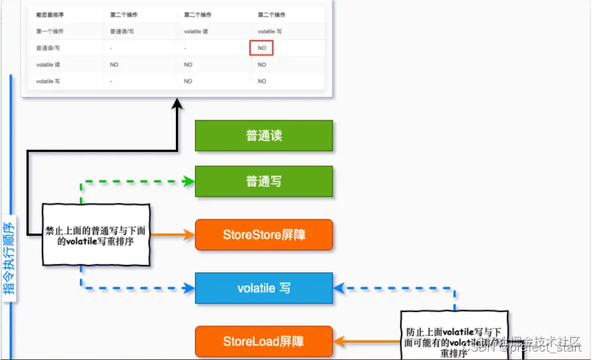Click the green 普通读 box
coord(264,135)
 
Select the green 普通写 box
coord(264,181)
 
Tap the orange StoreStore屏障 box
coord(264,234)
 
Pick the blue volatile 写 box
coord(264,288)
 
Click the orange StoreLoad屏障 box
coord(264,341)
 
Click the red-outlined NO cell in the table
coord(262,48)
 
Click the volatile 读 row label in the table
coord(48,65)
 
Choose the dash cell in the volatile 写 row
coord(113,81)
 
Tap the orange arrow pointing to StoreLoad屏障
coord(366,341)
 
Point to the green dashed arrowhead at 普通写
coord(189,181)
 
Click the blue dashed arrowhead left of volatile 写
coord(189,288)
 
